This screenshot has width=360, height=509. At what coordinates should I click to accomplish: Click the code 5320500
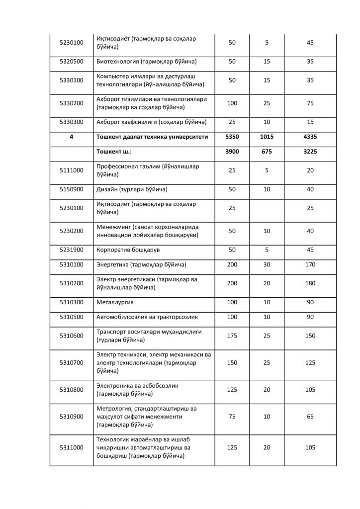(x=71, y=62)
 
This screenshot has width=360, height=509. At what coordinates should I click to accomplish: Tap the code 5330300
(x=71, y=122)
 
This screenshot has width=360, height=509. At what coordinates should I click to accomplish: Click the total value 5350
(x=232, y=137)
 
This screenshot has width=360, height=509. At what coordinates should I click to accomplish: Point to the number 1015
(x=267, y=137)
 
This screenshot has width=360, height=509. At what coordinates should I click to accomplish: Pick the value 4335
(x=310, y=137)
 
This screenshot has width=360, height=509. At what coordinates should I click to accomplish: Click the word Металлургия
(x=115, y=302)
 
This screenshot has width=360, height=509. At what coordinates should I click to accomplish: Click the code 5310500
(x=71, y=317)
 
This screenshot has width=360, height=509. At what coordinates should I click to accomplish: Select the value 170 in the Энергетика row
(x=310, y=264)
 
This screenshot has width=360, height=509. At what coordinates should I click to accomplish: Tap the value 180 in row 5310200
(x=310, y=283)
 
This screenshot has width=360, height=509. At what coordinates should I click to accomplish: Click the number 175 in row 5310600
(x=232, y=336)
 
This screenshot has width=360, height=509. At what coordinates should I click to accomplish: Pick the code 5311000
(x=71, y=448)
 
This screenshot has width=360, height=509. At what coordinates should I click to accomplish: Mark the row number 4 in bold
(x=71, y=137)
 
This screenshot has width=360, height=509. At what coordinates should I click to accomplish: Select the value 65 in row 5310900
(x=310, y=417)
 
